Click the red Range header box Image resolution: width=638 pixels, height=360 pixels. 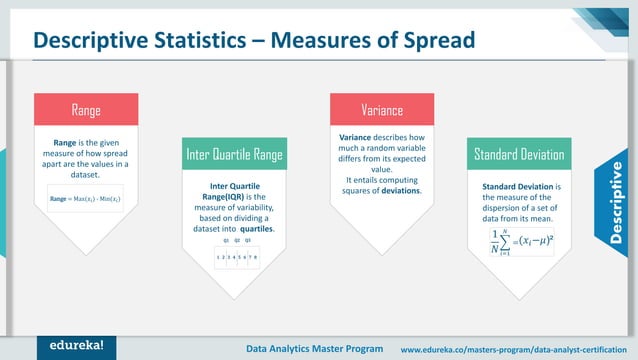[x=85, y=108]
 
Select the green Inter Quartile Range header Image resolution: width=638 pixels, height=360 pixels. [x=235, y=155]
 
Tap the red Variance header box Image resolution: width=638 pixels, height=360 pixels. [x=381, y=108]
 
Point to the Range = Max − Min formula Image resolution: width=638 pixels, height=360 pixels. [x=85, y=199]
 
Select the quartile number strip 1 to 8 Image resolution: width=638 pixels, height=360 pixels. [x=236, y=257]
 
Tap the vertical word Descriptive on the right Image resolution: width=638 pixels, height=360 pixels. [x=616, y=201]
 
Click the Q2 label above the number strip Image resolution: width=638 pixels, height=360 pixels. [x=236, y=240]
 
